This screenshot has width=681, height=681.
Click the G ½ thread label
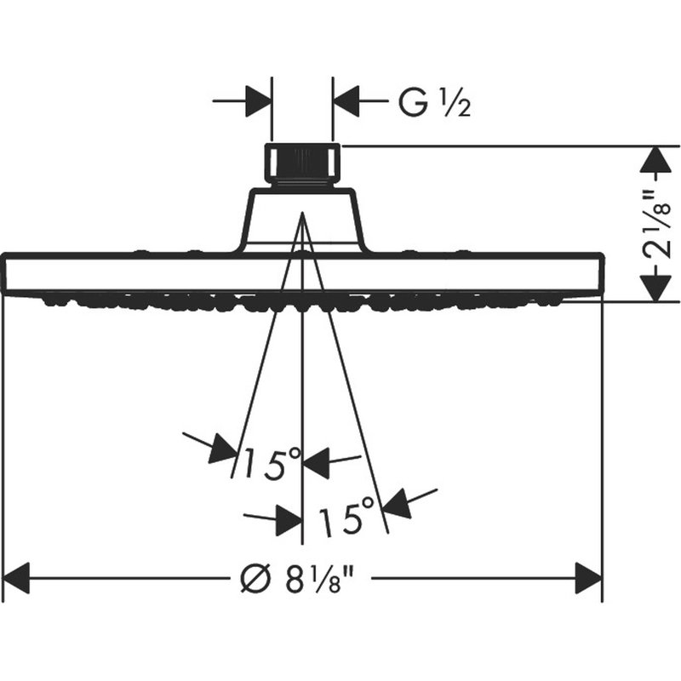coord(435,103)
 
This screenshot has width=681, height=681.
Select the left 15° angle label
coord(272,464)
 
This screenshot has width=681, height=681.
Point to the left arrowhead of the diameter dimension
coord(16,578)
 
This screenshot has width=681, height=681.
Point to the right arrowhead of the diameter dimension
coord(589,578)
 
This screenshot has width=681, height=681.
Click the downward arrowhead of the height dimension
coord(657,286)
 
